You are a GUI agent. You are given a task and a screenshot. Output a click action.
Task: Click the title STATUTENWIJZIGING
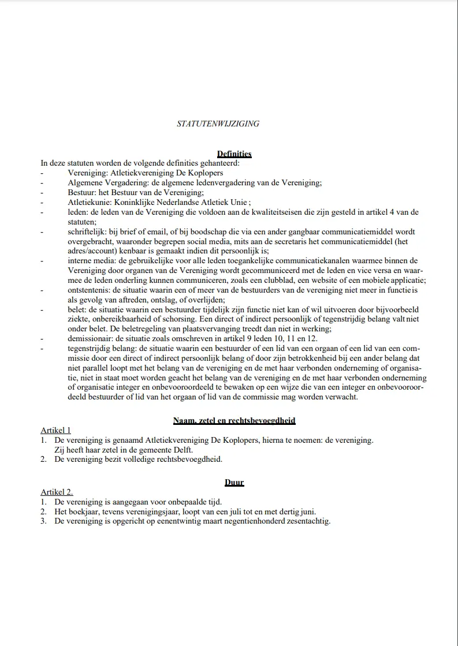point(218,124)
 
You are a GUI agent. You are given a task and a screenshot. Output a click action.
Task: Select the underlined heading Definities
point(234,154)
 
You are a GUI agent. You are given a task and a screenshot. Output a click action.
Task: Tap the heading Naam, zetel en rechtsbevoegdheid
point(234,421)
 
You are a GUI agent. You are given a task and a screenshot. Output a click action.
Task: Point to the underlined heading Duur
point(234,482)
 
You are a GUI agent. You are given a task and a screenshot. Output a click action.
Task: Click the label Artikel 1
point(55,430)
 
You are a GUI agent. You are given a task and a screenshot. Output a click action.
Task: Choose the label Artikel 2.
point(57,492)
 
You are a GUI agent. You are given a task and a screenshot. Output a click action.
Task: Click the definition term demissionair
point(90,339)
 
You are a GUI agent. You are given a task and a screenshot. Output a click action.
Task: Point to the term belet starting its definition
point(76,310)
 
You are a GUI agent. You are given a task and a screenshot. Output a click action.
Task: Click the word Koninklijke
point(130,202)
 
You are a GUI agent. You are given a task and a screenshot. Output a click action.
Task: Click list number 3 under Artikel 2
point(43,521)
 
